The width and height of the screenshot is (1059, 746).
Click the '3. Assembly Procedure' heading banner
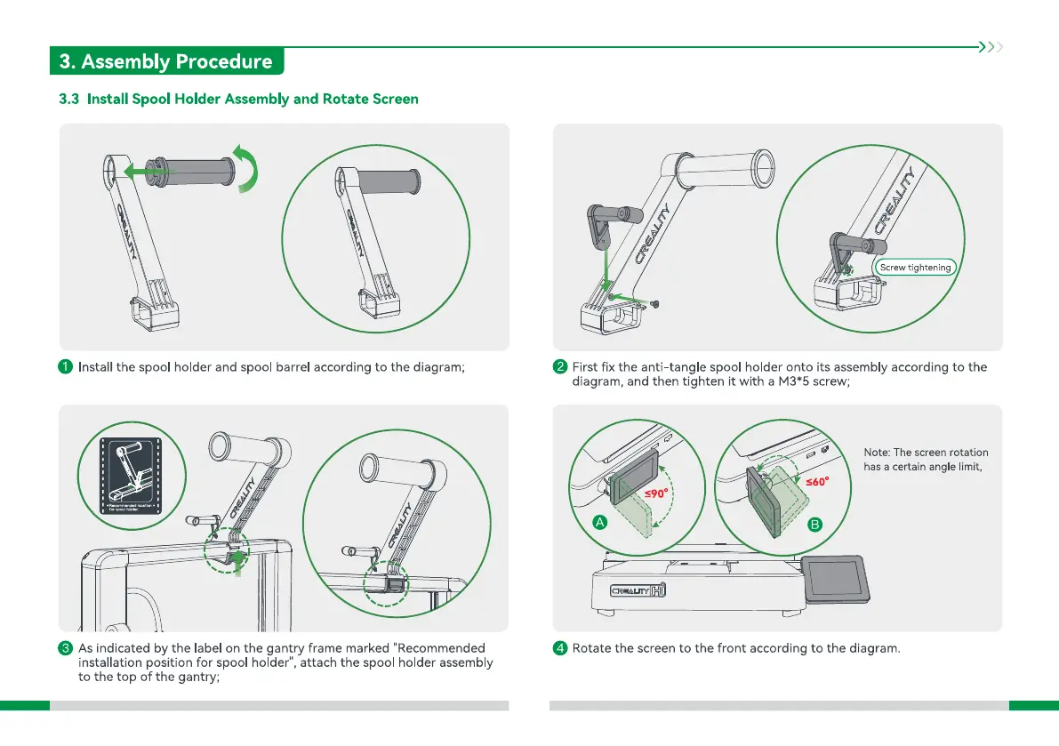point(166,61)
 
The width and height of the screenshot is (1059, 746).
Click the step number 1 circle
point(66,366)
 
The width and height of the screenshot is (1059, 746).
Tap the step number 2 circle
point(560,366)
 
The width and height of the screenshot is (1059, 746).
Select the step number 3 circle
point(66,647)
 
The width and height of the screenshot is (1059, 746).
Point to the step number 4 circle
point(560,647)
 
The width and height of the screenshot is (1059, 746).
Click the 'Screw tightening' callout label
point(915,267)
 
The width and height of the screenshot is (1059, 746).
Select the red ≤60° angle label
point(816,482)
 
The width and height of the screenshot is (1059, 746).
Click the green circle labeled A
point(600,524)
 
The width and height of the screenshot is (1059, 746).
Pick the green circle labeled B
point(814,525)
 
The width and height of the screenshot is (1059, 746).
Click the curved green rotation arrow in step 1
point(248,169)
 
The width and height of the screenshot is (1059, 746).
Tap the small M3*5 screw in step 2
point(657,304)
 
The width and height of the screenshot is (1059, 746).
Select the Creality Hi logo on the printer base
point(638,590)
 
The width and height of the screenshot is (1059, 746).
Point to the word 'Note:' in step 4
point(877,453)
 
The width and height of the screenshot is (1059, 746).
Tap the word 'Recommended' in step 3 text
point(439,647)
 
